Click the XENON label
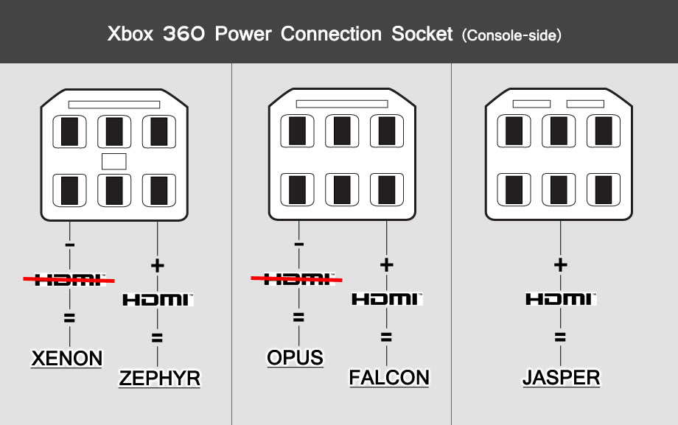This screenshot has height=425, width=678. pos(66,359)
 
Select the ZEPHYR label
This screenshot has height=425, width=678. pos(159,378)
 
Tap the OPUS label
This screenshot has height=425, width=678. pos(295,358)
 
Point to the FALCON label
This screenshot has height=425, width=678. pos(388,378)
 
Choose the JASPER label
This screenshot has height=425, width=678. pos(561,378)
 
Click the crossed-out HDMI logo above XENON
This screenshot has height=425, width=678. pos(69,279)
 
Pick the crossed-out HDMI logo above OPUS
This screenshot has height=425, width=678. pos(297,279)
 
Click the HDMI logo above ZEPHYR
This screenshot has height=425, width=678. pos(157,300)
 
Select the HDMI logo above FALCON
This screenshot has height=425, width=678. pos(386,299)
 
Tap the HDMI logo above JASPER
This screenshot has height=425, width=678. pos(561,299)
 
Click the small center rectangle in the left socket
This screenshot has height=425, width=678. pos(114,161)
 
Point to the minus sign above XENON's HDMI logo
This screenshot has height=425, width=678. pos(69,243)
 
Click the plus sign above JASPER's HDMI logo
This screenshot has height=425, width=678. pos(561,264)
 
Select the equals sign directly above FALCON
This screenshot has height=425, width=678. pos(386,338)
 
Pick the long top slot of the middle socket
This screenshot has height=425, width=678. pos(341,105)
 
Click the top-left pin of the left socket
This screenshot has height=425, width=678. pos(69,131)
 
